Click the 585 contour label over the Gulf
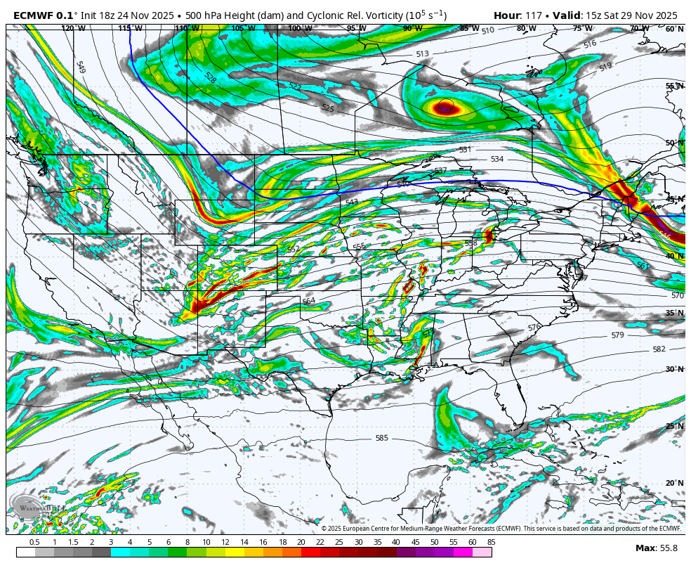tap(381, 438)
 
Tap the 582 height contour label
tap(659, 349)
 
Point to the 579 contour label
tap(617, 335)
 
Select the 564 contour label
tap(308, 301)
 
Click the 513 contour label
tap(422, 54)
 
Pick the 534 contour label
tap(497, 160)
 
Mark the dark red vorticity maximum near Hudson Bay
tap(445, 108)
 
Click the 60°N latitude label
tap(674, 29)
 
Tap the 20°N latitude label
tap(674, 483)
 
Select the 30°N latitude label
tap(674, 369)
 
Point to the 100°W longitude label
tap(300, 29)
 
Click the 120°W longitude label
tap(73, 29)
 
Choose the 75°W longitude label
tap(582, 29)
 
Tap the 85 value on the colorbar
tap(490, 542)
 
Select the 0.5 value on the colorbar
tap(34, 542)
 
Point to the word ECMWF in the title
tap(33, 15)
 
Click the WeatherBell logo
tap(32, 506)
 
